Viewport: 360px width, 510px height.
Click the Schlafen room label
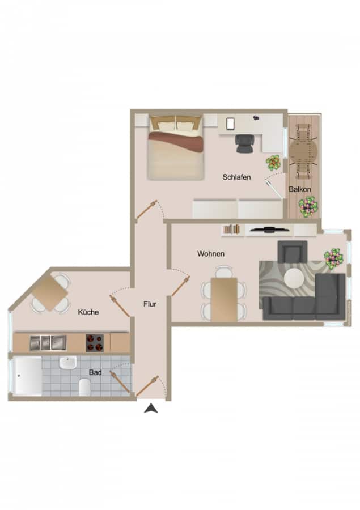[x=236, y=177]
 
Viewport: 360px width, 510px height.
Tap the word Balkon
[x=300, y=189]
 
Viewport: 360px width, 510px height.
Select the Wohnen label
[x=211, y=254]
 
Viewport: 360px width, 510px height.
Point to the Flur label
[x=150, y=304]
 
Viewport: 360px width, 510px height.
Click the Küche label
[x=88, y=312]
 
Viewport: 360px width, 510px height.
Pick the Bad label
[x=95, y=372]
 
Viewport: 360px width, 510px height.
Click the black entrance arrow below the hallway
[x=151, y=408]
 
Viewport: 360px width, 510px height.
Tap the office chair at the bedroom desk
[x=244, y=143]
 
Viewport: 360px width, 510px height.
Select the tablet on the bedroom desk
[x=230, y=124]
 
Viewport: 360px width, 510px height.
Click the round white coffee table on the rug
[x=295, y=279]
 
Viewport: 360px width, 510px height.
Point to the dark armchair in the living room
[x=293, y=252]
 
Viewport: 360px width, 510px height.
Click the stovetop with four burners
[x=95, y=343]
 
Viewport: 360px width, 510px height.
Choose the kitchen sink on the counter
[x=48, y=343]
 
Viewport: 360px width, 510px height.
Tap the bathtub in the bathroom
[x=28, y=376]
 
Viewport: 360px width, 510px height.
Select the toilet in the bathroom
[x=84, y=387]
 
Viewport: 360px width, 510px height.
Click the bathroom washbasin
[x=68, y=362]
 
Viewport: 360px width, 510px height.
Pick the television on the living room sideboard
[x=269, y=230]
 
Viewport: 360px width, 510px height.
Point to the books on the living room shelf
[x=231, y=229]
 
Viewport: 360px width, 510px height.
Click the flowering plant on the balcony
[x=308, y=206]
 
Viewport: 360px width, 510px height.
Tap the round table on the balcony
[x=303, y=151]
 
